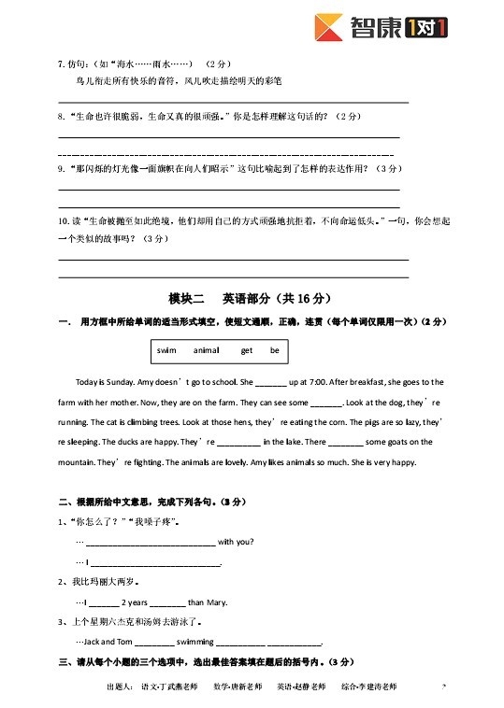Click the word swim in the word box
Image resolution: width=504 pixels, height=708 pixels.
click(x=167, y=350)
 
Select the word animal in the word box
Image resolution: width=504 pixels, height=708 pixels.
click(x=206, y=350)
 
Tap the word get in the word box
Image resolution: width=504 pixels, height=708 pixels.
click(x=247, y=350)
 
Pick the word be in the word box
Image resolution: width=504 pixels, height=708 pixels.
click(x=275, y=350)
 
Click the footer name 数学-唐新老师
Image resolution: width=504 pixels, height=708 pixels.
click(x=238, y=687)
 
